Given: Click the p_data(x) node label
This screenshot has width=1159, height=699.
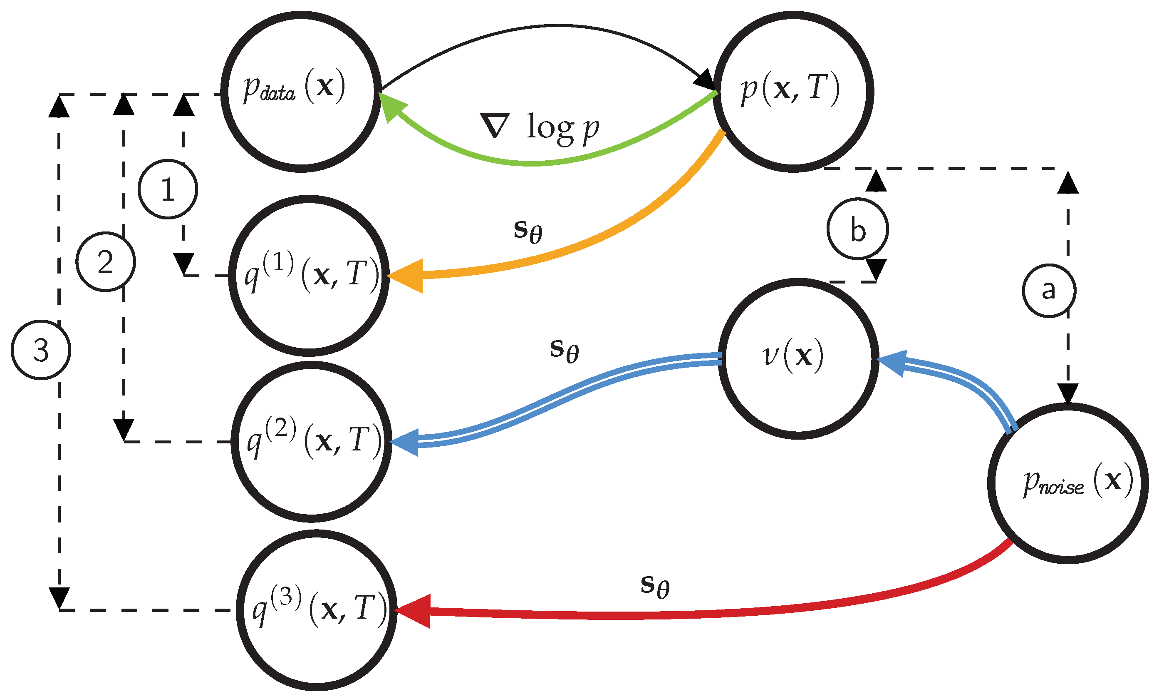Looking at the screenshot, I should tap(294, 87).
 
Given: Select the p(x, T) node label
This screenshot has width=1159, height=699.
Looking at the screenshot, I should tap(791, 89).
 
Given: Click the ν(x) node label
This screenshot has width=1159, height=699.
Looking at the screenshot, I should tap(793, 356).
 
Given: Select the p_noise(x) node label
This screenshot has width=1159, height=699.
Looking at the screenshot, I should tap(1077, 482).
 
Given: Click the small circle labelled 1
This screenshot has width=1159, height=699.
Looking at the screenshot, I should tap(168, 189).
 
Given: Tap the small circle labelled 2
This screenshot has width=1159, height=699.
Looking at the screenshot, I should tap(106, 262).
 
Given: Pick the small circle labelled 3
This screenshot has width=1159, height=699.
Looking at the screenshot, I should tap(41, 350).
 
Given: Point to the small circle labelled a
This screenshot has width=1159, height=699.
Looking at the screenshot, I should tap(1049, 291).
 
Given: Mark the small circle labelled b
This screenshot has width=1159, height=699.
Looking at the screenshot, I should tap(857, 229).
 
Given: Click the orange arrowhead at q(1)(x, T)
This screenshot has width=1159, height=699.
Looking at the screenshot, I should tap(407, 276).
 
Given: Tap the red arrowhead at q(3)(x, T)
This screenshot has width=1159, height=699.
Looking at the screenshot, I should tap(414, 611).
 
